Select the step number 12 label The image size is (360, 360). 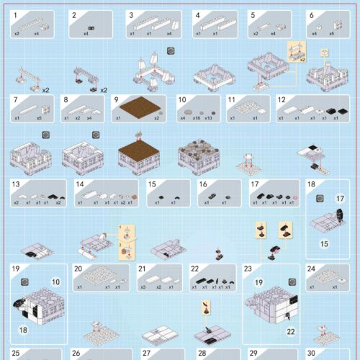(282, 99)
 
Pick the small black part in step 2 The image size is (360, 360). (91, 25)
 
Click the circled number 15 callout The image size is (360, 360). (324, 244)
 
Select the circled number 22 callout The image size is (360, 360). (291, 331)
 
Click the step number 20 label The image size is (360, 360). (78, 269)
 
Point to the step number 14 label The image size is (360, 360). (79, 184)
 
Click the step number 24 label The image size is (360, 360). (312, 269)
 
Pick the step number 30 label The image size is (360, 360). (311, 354)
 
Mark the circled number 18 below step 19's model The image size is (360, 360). (22, 330)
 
